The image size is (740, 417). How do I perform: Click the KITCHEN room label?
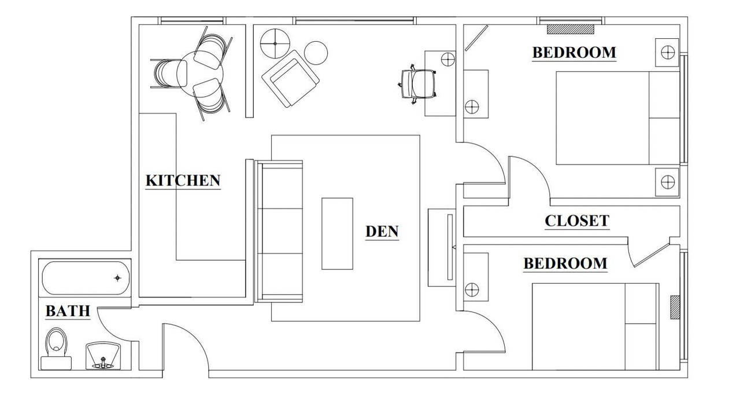(183, 180)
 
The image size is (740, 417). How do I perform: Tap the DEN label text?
(382, 231)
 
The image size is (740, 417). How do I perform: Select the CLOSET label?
(577, 221)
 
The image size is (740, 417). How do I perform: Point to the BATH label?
(68, 311)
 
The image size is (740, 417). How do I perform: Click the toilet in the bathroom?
(56, 349)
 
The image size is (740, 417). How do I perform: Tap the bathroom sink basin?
(103, 356)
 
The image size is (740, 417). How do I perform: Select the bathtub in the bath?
(86, 278)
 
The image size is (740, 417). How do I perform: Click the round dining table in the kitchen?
(200, 74)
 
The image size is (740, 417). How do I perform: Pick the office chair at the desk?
(417, 84)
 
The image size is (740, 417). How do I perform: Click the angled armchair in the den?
(290, 78)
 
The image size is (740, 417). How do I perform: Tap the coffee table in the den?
(337, 233)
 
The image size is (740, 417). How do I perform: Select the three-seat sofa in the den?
(279, 231)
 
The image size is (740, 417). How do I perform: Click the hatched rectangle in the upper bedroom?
(571, 29)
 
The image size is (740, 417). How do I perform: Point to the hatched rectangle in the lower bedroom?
(675, 307)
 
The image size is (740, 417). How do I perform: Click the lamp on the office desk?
(448, 60)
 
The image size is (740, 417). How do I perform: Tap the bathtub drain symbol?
(117, 278)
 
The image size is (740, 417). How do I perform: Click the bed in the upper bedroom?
(618, 118)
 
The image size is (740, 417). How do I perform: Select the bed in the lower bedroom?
(595, 327)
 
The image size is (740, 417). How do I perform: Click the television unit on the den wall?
(442, 247)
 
